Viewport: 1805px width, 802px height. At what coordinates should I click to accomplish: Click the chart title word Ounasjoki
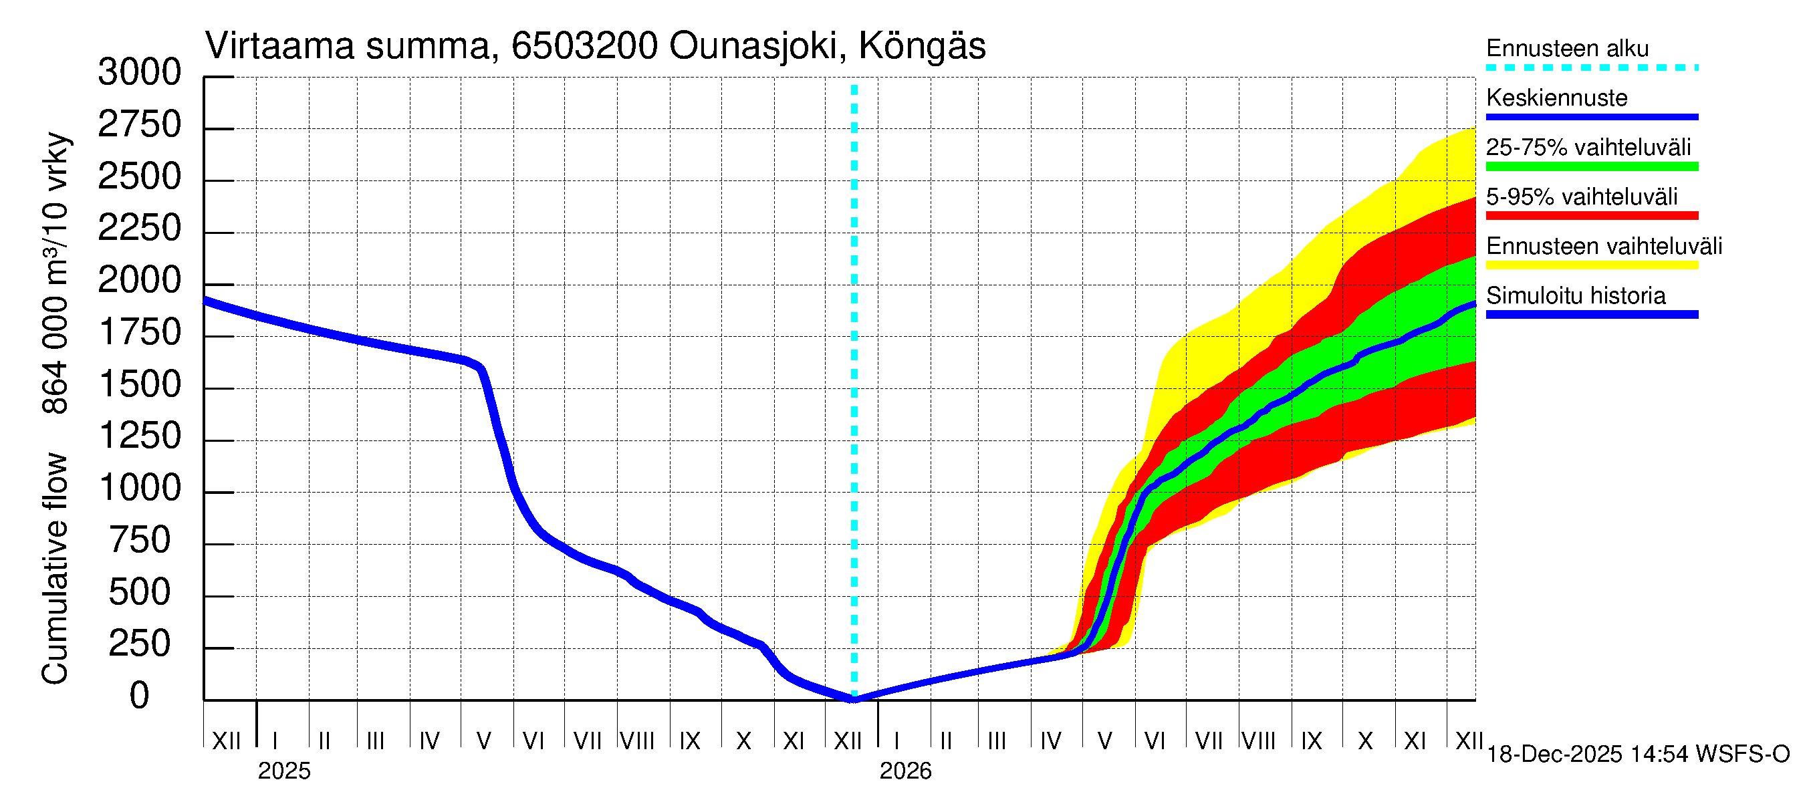[x=754, y=46]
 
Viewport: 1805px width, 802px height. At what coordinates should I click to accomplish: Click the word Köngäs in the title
[x=921, y=46]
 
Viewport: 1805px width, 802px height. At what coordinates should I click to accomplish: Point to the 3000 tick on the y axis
[x=140, y=72]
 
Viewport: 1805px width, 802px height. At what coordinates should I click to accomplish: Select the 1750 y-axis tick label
[x=140, y=333]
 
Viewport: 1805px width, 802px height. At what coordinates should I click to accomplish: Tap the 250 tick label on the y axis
[x=140, y=644]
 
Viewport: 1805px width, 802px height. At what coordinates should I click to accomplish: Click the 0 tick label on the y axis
[x=140, y=696]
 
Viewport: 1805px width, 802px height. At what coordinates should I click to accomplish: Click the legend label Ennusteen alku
[x=1567, y=48]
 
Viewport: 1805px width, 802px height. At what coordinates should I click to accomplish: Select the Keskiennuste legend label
[x=1556, y=98]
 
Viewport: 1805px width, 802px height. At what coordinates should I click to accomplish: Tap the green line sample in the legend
[x=1591, y=166]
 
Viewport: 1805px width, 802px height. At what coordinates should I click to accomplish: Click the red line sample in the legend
[x=1591, y=216]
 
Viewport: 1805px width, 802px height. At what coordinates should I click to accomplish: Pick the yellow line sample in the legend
[x=1591, y=265]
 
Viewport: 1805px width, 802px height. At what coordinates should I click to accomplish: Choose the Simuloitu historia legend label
[x=1575, y=295]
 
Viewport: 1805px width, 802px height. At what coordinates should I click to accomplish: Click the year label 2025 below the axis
[x=283, y=771]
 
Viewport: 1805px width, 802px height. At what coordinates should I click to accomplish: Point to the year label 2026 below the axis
[x=905, y=771]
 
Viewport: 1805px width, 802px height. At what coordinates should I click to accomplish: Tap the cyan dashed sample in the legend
[x=1591, y=68]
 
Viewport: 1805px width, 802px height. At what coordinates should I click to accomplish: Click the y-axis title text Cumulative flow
[x=55, y=568]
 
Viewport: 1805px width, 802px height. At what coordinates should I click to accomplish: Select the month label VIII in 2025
[x=637, y=741]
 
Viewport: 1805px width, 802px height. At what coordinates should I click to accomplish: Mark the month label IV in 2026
[x=1050, y=741]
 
